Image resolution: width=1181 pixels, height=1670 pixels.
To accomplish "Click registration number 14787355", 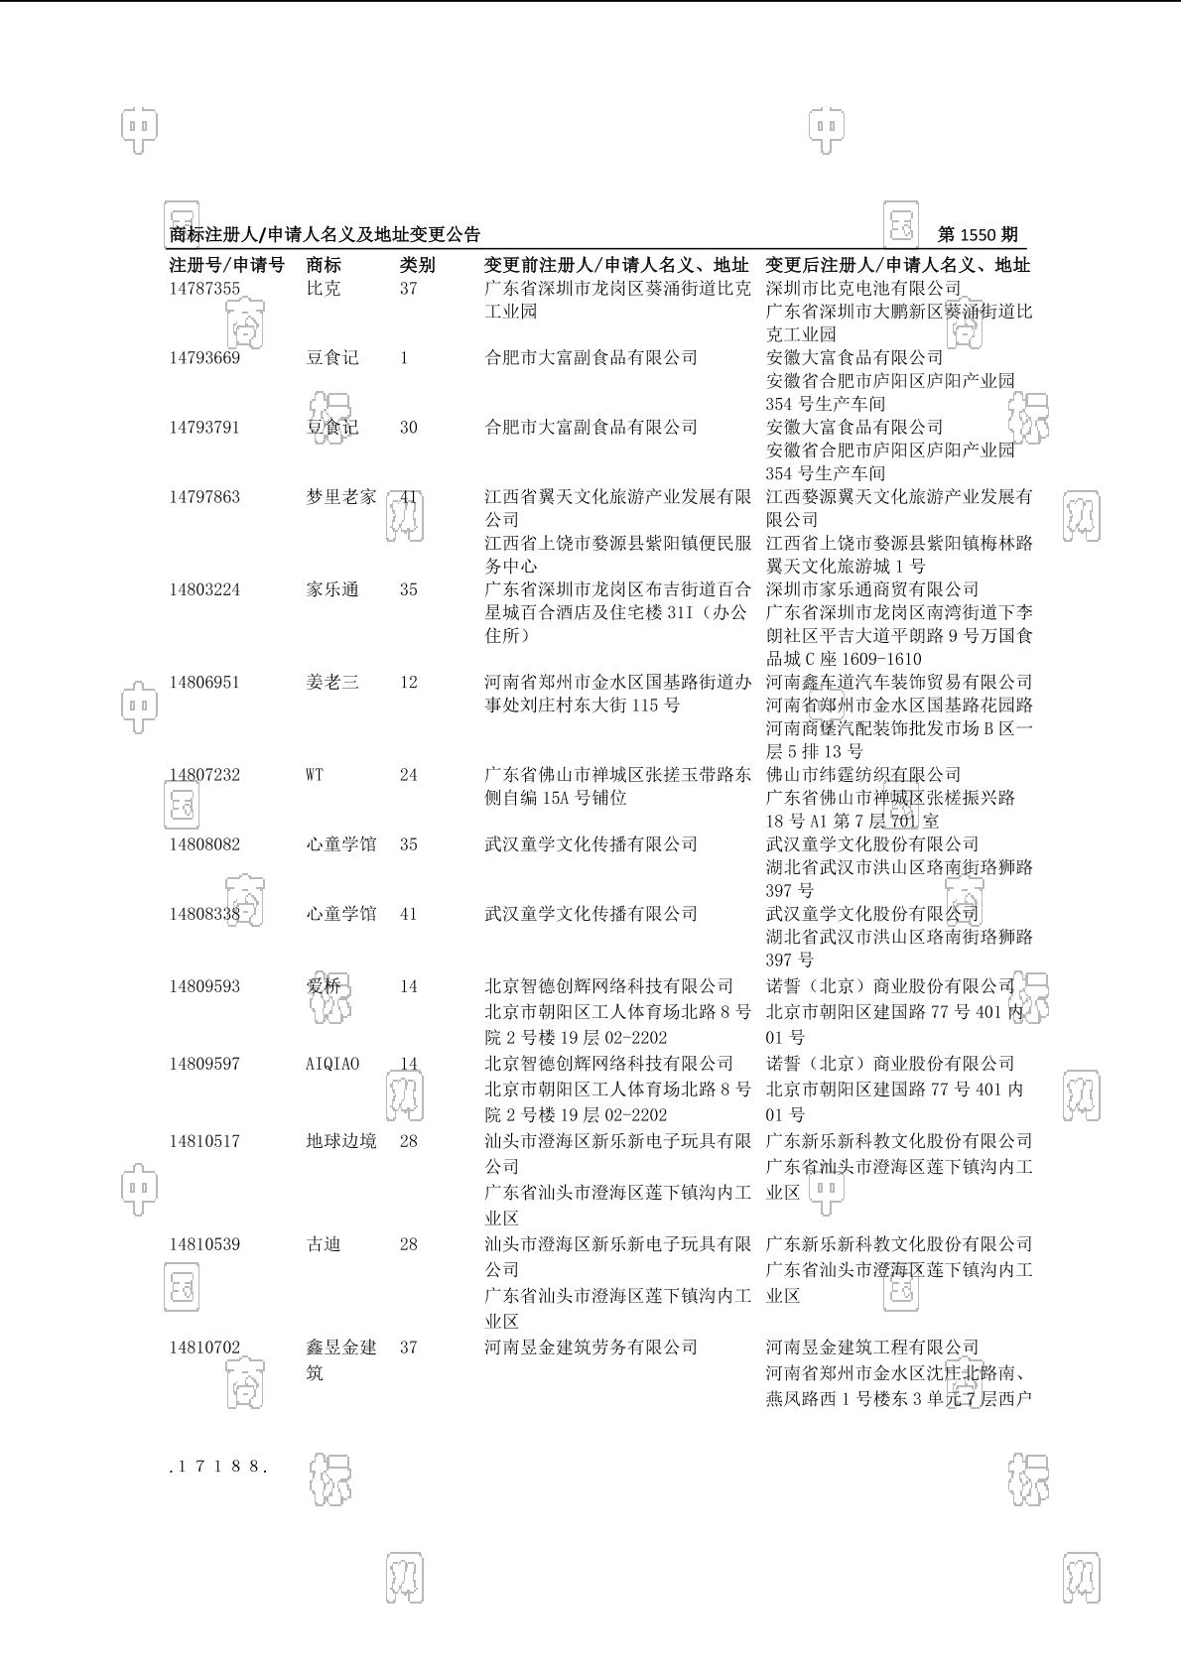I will (204, 289).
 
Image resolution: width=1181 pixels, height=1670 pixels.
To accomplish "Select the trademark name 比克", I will (324, 289).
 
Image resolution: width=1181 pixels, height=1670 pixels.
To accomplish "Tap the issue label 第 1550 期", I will (978, 235).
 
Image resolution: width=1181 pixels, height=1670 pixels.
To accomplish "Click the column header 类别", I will (417, 265).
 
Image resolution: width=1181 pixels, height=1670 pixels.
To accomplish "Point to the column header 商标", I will (324, 265).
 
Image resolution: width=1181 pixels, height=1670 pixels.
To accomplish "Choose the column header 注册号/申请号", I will (227, 265).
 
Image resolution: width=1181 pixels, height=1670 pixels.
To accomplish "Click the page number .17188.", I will (219, 1466).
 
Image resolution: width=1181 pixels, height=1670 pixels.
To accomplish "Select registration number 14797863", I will (204, 497).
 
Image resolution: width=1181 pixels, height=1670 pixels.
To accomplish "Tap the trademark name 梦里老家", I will (341, 497).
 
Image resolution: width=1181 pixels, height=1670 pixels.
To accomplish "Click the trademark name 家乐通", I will (332, 589).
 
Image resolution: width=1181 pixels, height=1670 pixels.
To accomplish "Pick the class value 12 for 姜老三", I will (409, 683).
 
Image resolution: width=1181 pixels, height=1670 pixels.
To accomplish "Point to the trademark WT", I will (315, 775).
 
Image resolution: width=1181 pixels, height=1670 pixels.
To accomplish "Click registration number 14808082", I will (204, 844).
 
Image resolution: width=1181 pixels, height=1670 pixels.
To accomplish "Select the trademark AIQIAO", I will (332, 1064).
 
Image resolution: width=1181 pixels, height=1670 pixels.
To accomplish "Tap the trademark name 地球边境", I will (341, 1141).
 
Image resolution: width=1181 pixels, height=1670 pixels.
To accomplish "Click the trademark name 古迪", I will (324, 1244).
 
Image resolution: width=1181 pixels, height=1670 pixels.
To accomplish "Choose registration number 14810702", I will (204, 1348).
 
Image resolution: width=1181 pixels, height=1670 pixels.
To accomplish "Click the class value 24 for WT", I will (409, 775).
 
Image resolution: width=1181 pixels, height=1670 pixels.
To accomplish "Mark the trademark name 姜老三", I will (332, 683).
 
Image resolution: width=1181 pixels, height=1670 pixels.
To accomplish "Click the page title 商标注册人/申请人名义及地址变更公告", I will (326, 235).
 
